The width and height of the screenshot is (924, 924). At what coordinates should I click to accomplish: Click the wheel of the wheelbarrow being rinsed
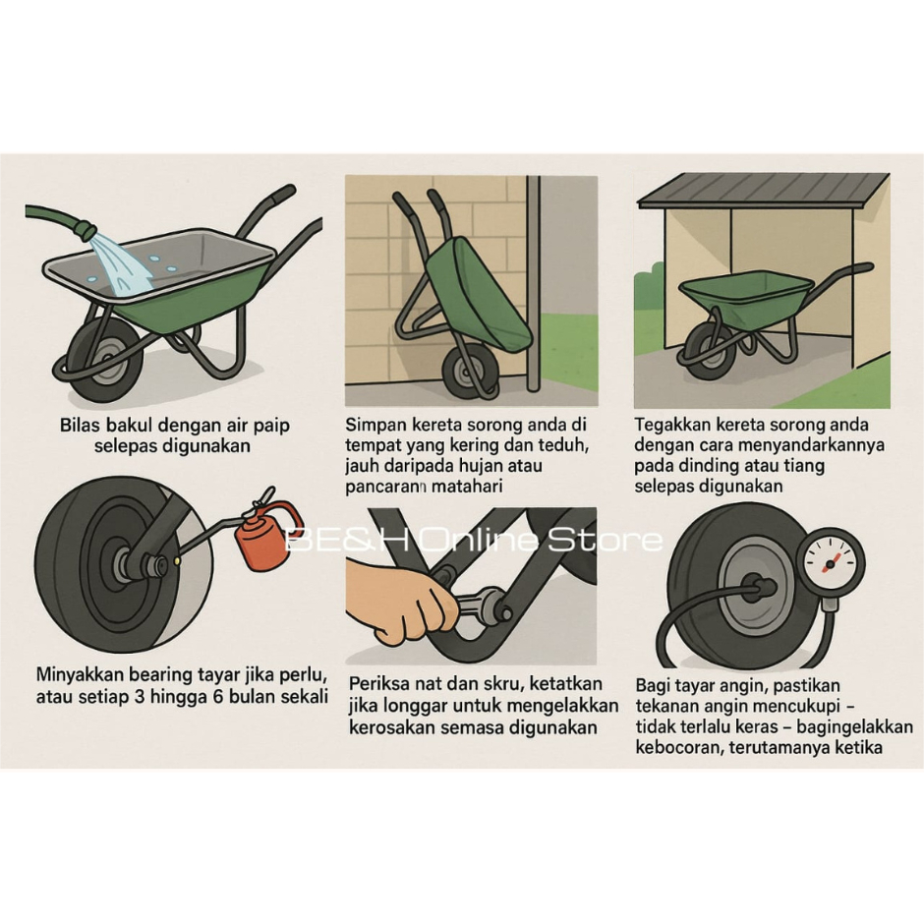point(104,360)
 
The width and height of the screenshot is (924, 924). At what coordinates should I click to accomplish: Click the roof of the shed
point(763,190)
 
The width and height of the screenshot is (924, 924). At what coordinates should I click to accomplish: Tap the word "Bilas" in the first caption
point(79,425)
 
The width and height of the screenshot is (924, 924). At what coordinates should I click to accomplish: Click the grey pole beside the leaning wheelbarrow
point(534,283)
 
